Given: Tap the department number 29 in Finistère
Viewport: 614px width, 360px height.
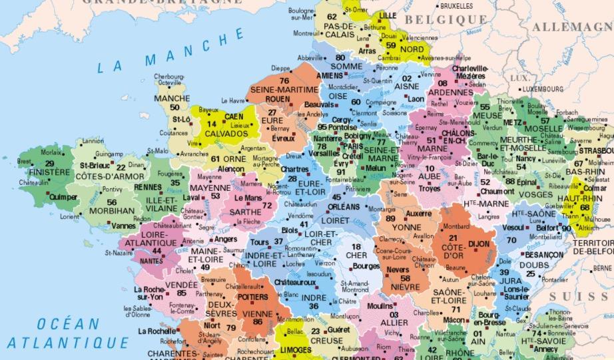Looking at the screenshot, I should point(49,163).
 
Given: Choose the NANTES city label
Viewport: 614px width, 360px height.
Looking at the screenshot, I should point(152,261).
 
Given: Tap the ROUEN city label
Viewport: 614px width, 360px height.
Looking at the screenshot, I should point(278,100).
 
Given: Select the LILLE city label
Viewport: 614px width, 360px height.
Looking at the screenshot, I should point(386,15).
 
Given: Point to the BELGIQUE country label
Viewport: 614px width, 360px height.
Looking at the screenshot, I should point(450,21).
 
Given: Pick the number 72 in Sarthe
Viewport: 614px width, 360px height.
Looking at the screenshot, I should point(267,206).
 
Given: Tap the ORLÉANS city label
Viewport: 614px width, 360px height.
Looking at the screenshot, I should point(344,206).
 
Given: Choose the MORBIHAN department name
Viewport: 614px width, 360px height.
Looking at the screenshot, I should point(112,211).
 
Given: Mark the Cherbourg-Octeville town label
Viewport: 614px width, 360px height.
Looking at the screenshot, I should point(169,80).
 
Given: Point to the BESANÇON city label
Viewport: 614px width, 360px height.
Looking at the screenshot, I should point(543,254).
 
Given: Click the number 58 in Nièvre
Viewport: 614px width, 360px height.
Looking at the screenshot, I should point(405,278).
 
